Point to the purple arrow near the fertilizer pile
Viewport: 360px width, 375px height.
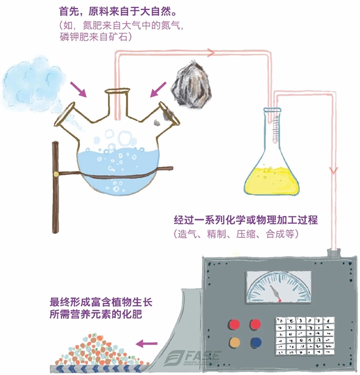(x=148, y=342)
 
